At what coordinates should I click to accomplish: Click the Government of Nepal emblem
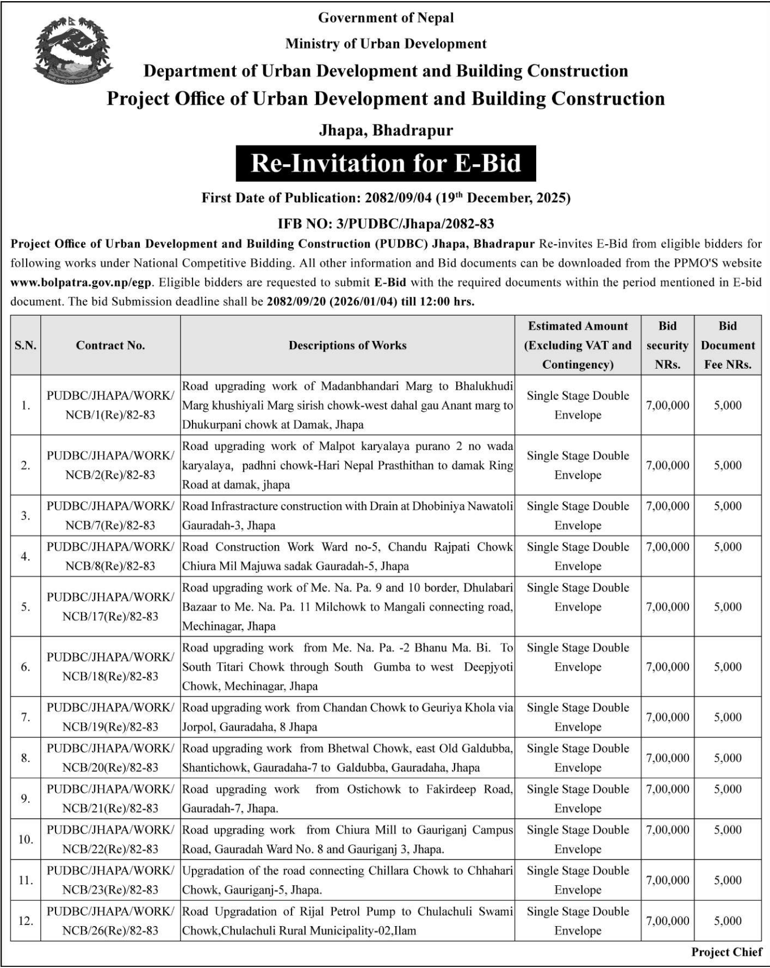72,50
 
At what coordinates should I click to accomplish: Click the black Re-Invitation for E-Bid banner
386,164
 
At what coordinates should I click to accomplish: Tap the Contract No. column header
110,346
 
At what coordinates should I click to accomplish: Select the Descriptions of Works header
348,346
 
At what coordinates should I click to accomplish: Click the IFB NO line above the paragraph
386,224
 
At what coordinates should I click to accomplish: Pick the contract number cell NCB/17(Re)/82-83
110,607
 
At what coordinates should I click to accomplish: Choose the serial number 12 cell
25,921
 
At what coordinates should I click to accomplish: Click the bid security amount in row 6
668,667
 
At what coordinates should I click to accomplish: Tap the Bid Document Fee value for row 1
728,405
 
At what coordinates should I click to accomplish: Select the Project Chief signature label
726,952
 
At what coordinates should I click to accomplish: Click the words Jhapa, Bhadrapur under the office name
386,131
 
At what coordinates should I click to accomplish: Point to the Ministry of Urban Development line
386,44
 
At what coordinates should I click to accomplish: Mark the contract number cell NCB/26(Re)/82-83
110,921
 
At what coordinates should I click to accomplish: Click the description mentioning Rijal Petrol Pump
348,921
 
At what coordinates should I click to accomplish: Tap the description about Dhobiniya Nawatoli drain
348,515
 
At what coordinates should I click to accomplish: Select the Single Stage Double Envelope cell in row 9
577,799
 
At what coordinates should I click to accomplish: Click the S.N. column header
25,346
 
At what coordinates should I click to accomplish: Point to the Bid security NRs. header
668,346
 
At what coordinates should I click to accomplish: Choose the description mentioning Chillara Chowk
348,880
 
